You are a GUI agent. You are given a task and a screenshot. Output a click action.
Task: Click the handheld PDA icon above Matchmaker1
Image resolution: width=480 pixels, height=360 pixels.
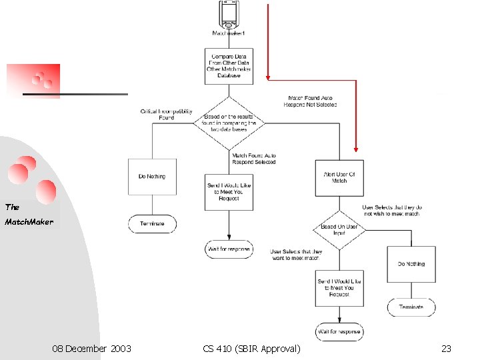coord(229,13)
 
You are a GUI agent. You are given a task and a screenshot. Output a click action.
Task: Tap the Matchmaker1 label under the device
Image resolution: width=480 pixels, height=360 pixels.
coord(229,33)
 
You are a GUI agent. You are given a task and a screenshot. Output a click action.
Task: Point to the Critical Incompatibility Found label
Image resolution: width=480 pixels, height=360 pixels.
coord(157,114)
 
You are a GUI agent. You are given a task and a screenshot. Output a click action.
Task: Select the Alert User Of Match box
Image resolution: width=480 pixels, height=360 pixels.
coord(339,177)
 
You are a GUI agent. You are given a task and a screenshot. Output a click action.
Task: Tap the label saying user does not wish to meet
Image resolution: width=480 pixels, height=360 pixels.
coord(392,211)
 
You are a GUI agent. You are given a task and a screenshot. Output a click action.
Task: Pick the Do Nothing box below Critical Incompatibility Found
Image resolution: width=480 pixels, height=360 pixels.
coord(152,177)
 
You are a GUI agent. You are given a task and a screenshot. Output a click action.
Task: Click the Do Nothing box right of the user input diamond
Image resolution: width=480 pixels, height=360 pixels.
coord(411,264)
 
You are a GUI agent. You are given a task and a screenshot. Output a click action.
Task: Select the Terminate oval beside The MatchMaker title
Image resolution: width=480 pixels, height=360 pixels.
coord(152,223)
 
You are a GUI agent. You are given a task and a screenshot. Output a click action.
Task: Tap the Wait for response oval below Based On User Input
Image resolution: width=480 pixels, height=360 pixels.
coord(339,331)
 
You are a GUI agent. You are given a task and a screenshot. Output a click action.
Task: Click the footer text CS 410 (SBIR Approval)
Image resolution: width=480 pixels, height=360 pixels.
coord(251,349)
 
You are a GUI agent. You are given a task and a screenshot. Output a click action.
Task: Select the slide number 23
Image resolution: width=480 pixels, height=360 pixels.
coord(446,349)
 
